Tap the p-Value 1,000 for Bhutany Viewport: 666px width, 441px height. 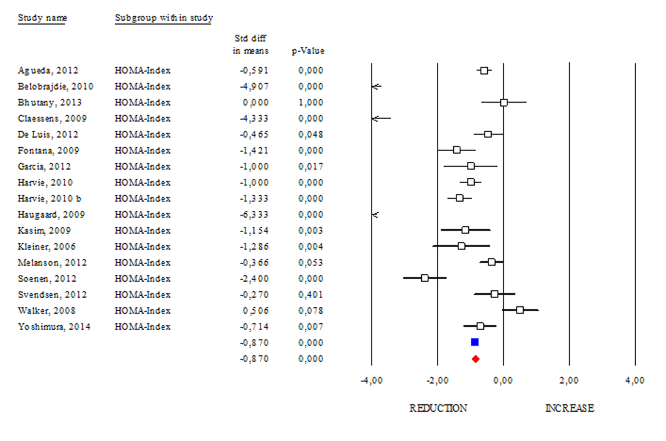click(x=310, y=103)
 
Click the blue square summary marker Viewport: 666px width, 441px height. click(x=475, y=342)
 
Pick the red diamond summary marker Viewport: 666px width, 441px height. click(x=475, y=359)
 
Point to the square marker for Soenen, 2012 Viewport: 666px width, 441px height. click(x=424, y=278)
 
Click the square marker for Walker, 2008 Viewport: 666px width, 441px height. click(x=520, y=310)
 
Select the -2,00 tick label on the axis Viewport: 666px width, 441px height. click(x=437, y=380)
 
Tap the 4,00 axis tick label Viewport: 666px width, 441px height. click(x=635, y=380)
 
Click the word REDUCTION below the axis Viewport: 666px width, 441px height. click(x=438, y=408)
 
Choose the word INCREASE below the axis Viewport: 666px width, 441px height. click(x=569, y=408)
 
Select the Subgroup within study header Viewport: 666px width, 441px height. click(x=163, y=18)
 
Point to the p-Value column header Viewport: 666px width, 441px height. click(x=308, y=51)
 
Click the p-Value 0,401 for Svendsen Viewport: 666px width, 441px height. click(x=310, y=294)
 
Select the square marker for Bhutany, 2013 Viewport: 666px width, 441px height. click(x=503, y=103)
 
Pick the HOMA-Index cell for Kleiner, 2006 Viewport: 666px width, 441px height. click(x=142, y=246)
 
